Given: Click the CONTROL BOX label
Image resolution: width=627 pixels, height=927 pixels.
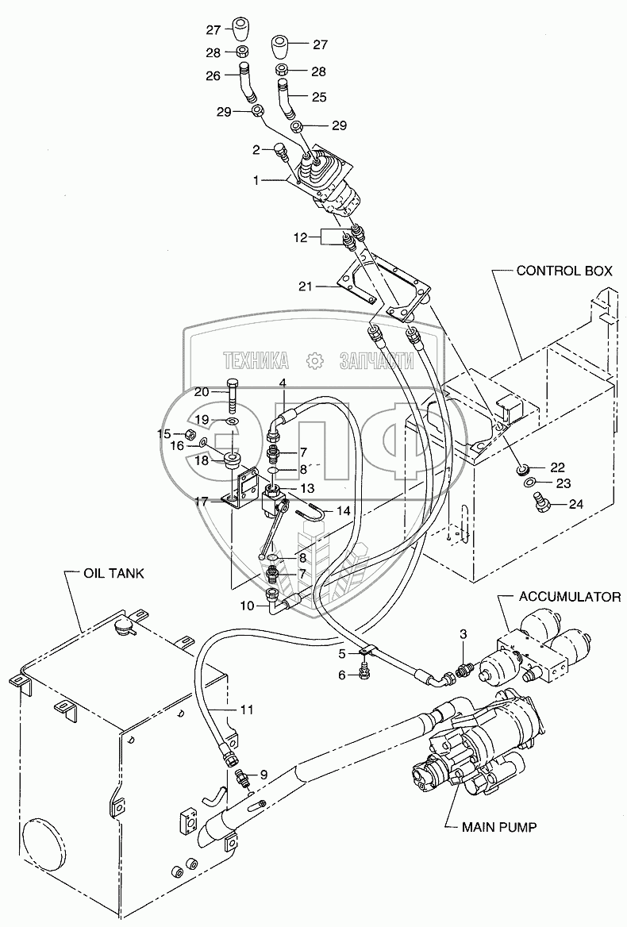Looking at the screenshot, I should (x=564, y=271).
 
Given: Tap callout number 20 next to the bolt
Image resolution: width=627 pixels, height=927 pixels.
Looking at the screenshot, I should (x=202, y=391).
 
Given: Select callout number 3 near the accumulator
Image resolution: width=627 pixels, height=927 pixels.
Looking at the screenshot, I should (x=464, y=633).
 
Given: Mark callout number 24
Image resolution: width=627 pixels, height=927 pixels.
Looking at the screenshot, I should (x=575, y=502).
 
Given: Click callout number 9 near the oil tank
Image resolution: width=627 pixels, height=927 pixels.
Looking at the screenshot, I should (x=264, y=774).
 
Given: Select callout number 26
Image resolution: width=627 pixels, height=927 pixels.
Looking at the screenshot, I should (x=213, y=77).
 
